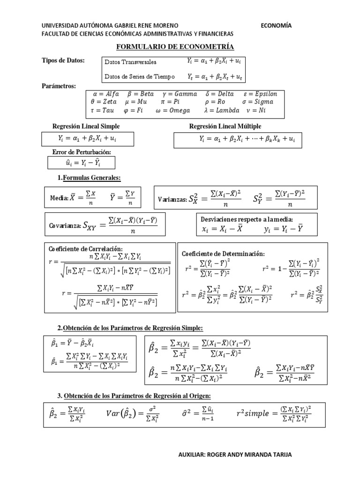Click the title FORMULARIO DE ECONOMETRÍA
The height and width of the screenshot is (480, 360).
[x=174, y=47]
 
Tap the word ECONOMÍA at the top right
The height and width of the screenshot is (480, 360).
[x=276, y=26]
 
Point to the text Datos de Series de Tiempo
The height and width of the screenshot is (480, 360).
[x=133, y=76]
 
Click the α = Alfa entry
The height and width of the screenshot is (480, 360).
[x=106, y=93]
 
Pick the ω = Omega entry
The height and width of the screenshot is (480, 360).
[x=172, y=111]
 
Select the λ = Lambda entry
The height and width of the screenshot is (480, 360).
[x=222, y=111]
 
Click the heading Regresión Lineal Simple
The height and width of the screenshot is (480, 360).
[x=86, y=127]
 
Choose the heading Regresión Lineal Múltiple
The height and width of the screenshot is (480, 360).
[x=225, y=127]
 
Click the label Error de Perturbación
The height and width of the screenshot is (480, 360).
[x=82, y=152]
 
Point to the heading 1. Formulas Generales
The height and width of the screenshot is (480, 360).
[x=89, y=178]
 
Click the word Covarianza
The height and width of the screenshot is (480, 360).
[x=64, y=226]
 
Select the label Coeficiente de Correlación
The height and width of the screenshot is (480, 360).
[x=86, y=248]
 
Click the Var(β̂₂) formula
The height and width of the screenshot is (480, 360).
[x=135, y=413]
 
